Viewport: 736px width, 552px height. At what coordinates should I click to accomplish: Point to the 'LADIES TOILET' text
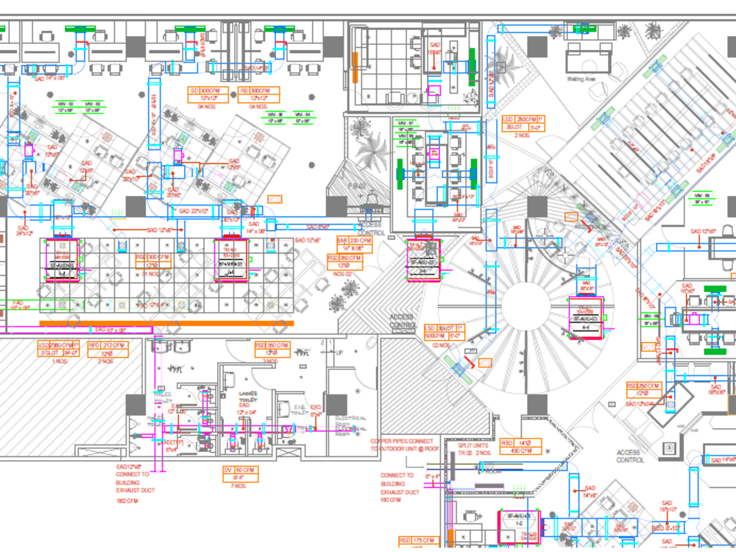247,397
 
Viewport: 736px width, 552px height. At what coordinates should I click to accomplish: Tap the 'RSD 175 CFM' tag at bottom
417,541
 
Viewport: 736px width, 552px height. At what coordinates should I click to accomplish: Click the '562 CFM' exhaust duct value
127,501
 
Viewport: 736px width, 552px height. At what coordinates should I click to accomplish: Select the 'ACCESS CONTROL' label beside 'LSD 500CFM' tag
403,321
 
